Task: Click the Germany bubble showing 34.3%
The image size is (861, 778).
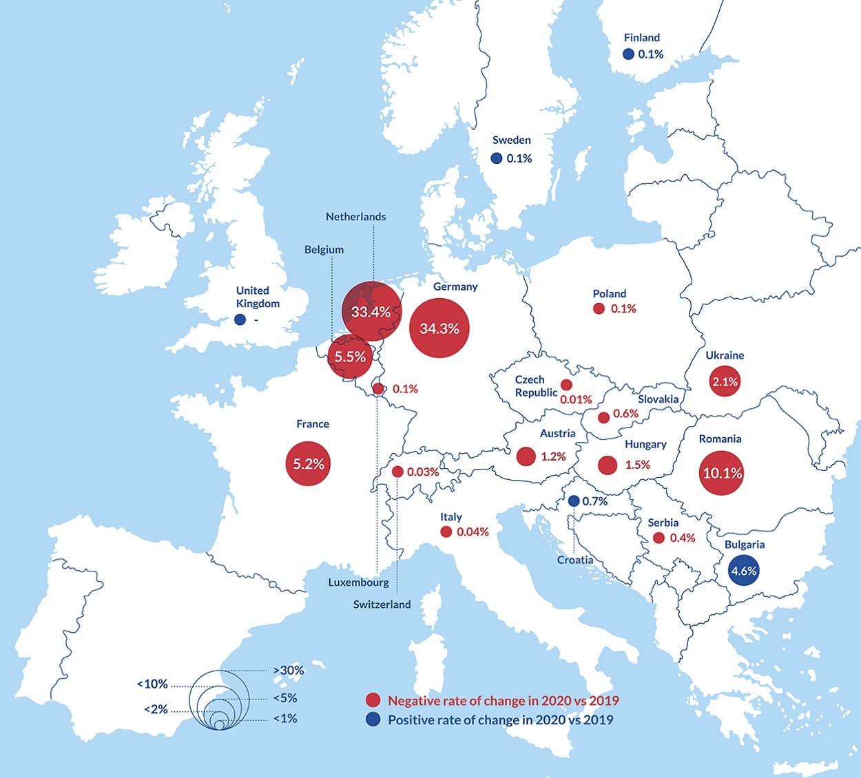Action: click(x=439, y=328)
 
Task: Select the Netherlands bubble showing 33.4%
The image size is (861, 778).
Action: click(x=371, y=312)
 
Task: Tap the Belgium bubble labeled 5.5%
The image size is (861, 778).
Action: click(x=351, y=357)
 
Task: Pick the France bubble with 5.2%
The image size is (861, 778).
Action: click(x=308, y=464)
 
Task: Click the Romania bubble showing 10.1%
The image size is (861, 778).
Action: click(x=721, y=473)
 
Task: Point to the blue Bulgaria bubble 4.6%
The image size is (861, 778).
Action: click(x=744, y=570)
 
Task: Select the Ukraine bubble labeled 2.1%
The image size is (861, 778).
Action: click(x=725, y=381)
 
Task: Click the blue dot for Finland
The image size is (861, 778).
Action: click(x=628, y=54)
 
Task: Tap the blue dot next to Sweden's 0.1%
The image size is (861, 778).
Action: click(x=497, y=158)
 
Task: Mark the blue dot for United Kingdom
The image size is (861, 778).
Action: click(x=240, y=319)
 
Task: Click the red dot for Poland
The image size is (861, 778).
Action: click(x=599, y=309)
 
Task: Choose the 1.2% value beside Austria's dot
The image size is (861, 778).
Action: click(x=553, y=456)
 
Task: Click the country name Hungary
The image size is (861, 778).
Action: click(x=645, y=444)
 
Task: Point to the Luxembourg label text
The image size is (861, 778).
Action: click(x=358, y=582)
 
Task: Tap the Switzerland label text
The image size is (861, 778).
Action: click(x=382, y=604)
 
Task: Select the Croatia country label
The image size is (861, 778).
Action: click(x=575, y=560)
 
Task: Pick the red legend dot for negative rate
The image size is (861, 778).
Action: click(x=373, y=701)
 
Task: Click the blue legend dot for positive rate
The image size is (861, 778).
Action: click(x=373, y=720)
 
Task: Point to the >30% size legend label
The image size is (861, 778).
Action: click(x=288, y=670)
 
